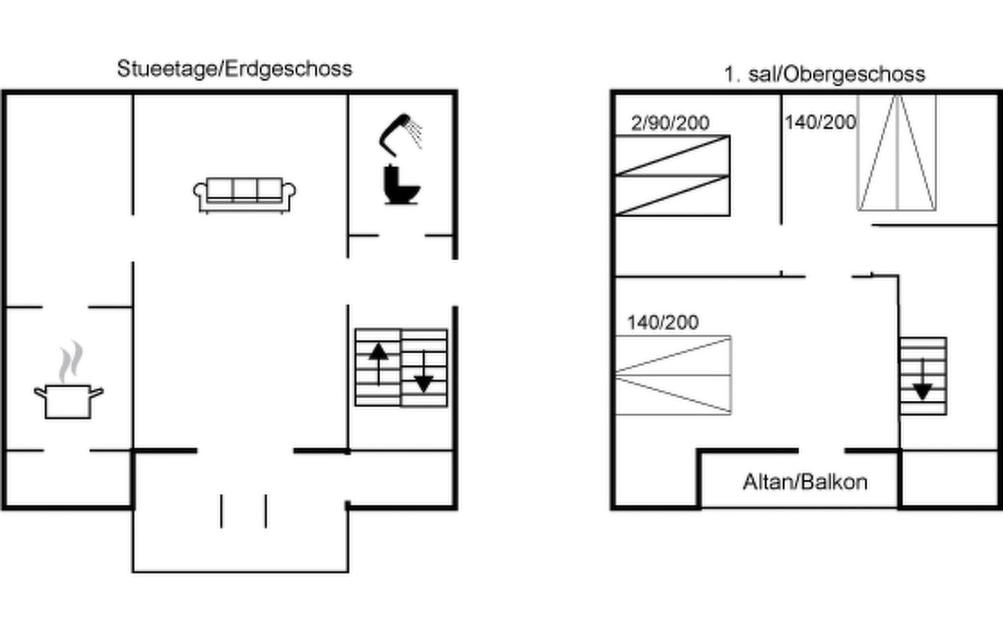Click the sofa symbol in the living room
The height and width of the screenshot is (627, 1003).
click(244, 194)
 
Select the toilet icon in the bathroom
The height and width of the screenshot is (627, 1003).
click(400, 185)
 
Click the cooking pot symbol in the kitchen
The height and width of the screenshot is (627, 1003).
click(68, 401)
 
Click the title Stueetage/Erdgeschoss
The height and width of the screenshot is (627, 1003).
click(235, 69)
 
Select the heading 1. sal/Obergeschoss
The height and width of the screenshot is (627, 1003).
click(824, 74)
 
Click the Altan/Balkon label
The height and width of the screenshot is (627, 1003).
click(805, 482)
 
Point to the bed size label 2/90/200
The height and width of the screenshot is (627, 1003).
click(670, 123)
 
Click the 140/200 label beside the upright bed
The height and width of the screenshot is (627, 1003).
click(820, 122)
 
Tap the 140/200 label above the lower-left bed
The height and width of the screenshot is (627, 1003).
click(662, 322)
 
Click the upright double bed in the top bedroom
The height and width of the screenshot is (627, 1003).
click(897, 153)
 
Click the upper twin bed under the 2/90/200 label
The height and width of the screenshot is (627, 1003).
click(672, 155)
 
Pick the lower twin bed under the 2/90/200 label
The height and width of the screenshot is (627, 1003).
click(672, 195)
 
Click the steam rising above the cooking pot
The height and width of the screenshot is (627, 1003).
click(71, 362)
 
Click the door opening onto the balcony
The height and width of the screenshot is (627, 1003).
click(821, 450)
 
